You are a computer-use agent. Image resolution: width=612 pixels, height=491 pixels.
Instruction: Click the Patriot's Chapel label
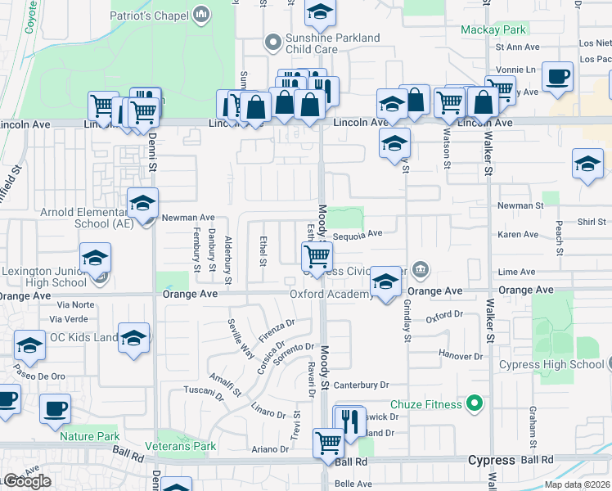tap(154, 14)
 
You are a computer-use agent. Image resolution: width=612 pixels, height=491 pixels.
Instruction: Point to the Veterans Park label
tap(181, 446)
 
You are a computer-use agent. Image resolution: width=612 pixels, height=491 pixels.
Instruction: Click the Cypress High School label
tap(560, 364)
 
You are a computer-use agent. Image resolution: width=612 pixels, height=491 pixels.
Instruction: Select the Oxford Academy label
tap(330, 294)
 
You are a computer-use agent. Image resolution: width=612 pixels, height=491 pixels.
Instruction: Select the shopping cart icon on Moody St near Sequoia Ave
tap(316, 256)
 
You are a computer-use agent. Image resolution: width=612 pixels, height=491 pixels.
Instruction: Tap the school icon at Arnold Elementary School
tap(142, 204)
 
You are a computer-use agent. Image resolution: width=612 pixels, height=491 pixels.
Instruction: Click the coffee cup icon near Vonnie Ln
tap(558, 77)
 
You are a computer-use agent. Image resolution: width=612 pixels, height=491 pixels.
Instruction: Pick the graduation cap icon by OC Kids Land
tap(133, 337)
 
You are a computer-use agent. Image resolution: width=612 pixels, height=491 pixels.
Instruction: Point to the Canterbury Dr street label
tap(360, 385)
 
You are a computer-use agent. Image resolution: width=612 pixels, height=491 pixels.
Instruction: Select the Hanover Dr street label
tap(461, 357)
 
